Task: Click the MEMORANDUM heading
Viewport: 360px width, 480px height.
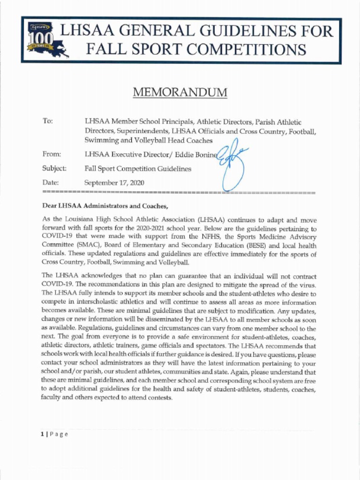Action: [180, 92]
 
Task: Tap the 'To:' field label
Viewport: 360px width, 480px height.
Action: [47, 121]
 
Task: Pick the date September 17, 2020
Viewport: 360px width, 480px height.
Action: [114, 183]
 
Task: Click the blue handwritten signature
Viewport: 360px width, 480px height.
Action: [233, 164]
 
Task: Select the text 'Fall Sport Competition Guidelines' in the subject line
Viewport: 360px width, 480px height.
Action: [138, 169]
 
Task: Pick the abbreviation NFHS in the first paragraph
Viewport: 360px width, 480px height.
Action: [210, 237]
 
